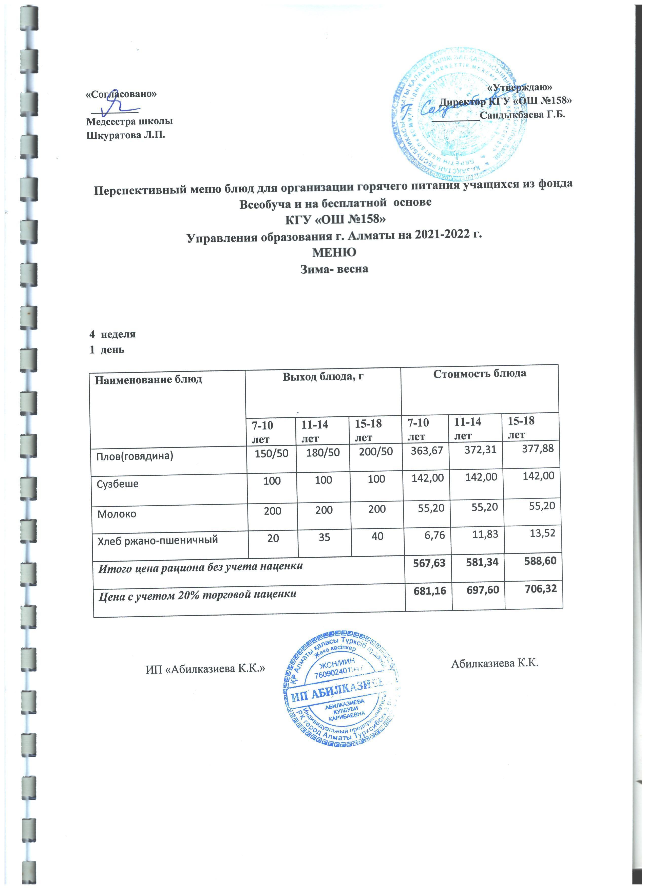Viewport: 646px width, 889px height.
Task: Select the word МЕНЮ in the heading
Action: pos(334,252)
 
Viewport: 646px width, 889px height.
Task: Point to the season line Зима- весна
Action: pos(334,269)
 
